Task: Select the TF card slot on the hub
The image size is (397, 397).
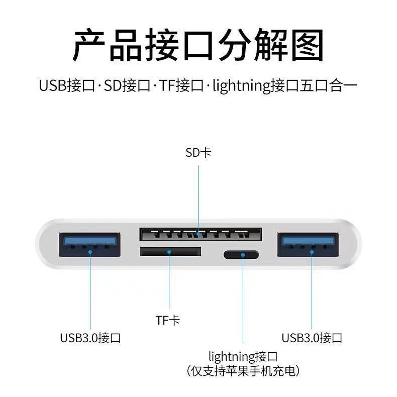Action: [169, 252]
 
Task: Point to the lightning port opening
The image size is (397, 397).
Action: [242, 255]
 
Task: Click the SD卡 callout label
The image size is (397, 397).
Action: [198, 152]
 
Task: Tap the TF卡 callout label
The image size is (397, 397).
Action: [168, 320]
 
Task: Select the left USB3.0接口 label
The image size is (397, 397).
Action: [90, 337]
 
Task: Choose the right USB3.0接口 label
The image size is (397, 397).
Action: [312, 337]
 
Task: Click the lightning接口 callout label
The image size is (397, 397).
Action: [243, 357]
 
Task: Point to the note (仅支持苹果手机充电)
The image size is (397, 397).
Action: [243, 372]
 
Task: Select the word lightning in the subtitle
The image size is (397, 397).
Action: [241, 86]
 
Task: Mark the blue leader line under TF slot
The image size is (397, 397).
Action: [169, 281]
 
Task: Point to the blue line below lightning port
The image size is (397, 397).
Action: [243, 302]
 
